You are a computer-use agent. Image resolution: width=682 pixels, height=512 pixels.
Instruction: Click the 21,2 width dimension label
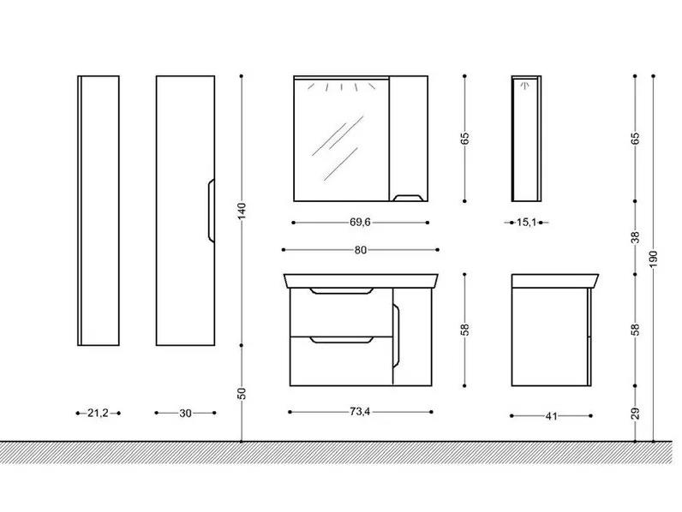click(98, 413)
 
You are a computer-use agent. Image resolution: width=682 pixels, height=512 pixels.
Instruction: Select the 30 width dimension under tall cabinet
click(185, 413)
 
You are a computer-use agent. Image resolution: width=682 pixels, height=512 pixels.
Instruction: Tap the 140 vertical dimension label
click(242, 211)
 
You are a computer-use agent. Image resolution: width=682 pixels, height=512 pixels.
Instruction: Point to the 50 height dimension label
click(242, 393)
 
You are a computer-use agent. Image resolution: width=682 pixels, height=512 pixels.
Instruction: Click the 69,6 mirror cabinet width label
click(360, 222)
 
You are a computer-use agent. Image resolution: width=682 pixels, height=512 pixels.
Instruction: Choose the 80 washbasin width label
click(361, 250)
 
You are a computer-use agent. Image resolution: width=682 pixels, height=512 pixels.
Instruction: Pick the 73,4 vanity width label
click(360, 412)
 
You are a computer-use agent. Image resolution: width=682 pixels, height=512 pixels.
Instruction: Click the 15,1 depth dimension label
click(526, 223)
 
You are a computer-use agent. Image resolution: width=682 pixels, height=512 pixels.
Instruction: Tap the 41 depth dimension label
click(551, 416)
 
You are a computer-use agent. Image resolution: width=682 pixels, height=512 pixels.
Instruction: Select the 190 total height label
click(654, 259)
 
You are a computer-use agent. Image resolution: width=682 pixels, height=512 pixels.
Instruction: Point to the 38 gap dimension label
click(636, 237)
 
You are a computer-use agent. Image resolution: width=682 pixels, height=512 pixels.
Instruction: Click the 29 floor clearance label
click(636, 414)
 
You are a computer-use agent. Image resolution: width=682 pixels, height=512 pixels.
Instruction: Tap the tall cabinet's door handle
click(211, 211)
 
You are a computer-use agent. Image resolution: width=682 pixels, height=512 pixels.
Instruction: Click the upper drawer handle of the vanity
click(342, 291)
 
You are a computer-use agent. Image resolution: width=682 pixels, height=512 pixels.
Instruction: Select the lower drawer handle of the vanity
click(342, 340)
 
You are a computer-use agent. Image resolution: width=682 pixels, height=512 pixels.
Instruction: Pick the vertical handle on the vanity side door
click(396, 336)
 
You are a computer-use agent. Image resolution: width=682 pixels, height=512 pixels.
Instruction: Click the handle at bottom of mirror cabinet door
click(408, 198)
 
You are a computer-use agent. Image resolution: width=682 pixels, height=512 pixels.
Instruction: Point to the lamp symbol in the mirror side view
click(524, 85)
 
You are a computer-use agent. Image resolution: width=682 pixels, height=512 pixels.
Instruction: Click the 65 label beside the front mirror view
click(465, 138)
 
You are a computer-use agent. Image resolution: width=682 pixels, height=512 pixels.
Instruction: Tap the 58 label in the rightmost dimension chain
click(636, 330)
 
